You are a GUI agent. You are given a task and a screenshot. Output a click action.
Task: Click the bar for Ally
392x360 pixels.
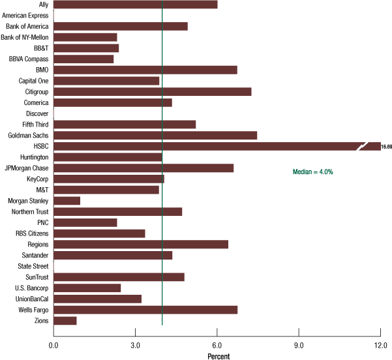[x=135, y=5]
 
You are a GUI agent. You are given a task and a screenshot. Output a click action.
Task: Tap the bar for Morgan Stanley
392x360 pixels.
[x=67, y=201]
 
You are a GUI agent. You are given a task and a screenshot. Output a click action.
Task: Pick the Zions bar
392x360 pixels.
[x=65, y=320]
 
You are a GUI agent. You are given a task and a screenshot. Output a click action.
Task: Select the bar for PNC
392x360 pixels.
[x=85, y=222]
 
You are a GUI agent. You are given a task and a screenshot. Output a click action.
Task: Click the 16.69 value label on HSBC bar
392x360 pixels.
[x=386, y=147]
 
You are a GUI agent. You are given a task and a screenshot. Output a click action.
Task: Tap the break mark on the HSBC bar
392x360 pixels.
[x=363, y=146]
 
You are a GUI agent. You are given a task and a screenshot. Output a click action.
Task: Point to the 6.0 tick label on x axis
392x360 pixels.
[x=217, y=344]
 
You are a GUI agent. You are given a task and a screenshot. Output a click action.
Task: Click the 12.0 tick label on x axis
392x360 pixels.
[x=380, y=344]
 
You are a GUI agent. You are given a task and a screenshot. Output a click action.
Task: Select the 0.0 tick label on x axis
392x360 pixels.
[x=53, y=344]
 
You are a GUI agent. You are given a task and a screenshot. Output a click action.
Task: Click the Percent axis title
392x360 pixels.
[x=219, y=355]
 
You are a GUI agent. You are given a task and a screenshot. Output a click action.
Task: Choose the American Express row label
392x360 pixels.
[x=25, y=15]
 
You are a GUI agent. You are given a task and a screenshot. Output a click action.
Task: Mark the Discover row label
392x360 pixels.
[x=36, y=113]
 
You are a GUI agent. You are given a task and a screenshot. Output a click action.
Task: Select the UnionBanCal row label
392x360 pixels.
[x=31, y=299]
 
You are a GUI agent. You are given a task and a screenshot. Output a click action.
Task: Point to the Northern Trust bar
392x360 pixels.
[x=117, y=211]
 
